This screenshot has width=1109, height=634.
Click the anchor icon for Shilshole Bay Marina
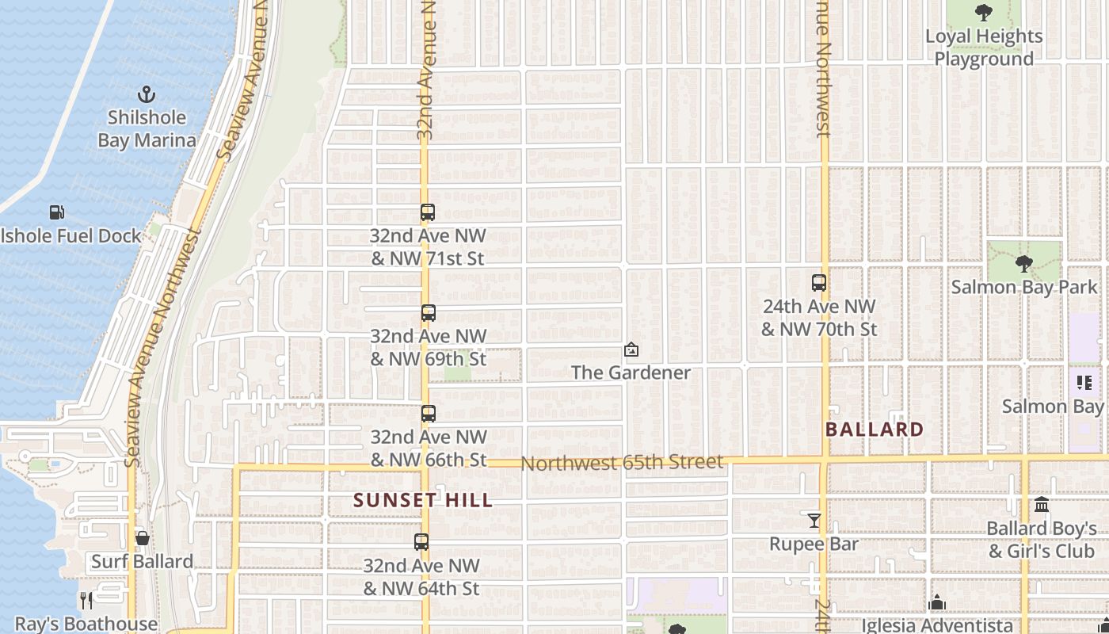147,94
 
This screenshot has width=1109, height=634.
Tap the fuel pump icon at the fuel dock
56,212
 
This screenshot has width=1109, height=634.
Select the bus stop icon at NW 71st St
428,212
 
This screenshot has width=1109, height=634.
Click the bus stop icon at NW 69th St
428,313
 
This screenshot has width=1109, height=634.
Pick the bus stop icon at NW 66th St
428,414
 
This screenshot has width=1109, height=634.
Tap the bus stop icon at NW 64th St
421,542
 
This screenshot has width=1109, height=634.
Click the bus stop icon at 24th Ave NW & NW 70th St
819,283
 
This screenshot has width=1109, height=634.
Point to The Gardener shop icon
631,349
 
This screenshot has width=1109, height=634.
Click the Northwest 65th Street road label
622,462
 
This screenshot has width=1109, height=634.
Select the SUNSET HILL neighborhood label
423,500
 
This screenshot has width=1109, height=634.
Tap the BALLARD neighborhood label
875,430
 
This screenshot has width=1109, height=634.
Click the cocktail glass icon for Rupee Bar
814,521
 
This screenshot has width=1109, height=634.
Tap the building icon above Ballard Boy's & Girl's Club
1042,505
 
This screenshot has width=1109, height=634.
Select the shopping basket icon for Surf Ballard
143,539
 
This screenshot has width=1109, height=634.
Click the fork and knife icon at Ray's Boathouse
86,600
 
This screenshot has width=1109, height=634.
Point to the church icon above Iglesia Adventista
937,603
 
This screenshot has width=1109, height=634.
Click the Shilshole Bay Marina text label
147,129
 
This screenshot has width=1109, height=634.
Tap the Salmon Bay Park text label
1024,287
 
